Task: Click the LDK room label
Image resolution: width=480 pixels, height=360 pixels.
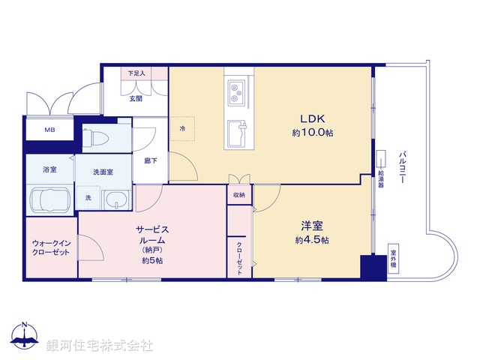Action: [313, 118]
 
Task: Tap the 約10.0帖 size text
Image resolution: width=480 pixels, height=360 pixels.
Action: [313, 133]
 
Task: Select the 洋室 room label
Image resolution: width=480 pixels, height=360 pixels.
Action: [313, 224]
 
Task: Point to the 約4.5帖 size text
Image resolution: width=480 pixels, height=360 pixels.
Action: [313, 240]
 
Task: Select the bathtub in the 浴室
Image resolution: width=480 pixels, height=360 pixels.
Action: [49, 200]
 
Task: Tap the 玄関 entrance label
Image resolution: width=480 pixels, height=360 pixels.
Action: [135, 98]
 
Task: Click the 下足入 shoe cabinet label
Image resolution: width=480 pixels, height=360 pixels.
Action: [136, 73]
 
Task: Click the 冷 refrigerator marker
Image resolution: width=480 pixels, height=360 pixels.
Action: [182, 128]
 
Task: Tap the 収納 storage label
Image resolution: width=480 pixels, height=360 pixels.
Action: [238, 195]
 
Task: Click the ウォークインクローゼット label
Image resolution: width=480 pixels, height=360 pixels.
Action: [50, 247]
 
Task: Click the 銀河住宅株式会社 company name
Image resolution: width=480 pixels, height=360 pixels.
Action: [100, 345]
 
